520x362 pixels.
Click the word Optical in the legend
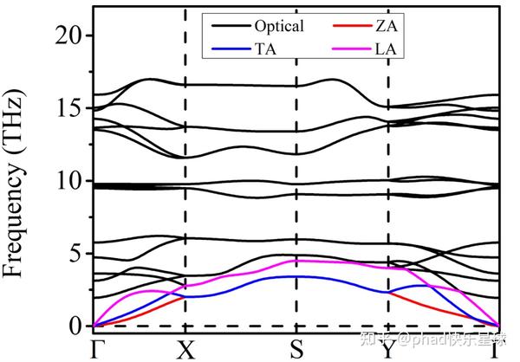(x=280, y=26)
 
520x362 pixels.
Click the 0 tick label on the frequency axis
(x=76, y=326)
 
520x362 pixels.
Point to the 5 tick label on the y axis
(x=76, y=254)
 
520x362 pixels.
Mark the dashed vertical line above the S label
(x=296, y=173)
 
